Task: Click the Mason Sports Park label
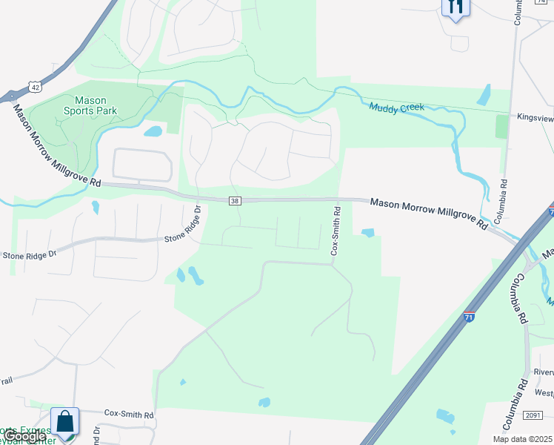coord(90,105)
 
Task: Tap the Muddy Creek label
coord(397,108)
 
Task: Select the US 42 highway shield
coord(35,88)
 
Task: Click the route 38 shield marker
coord(235,200)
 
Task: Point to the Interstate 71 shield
coord(469,317)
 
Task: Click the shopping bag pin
coord(64,421)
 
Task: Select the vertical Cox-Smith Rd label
coord(334,231)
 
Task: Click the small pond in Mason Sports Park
coord(153,131)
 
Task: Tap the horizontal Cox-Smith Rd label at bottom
coord(128,414)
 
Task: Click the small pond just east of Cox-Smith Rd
coord(368,233)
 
